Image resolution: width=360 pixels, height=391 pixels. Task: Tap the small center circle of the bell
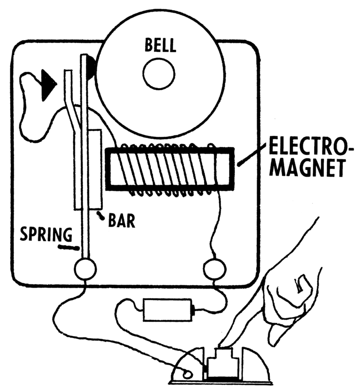coord(159,75)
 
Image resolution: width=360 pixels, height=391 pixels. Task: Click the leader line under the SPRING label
coord(66,247)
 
